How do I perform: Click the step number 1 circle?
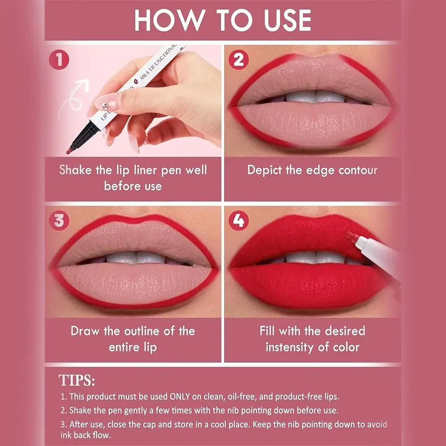[x=59, y=60]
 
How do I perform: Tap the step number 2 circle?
[x=239, y=60]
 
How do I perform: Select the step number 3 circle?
[x=59, y=220]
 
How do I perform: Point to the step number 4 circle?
[x=239, y=220]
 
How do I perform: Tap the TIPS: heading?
[x=77, y=380]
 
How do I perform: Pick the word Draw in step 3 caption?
[x=87, y=331]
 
